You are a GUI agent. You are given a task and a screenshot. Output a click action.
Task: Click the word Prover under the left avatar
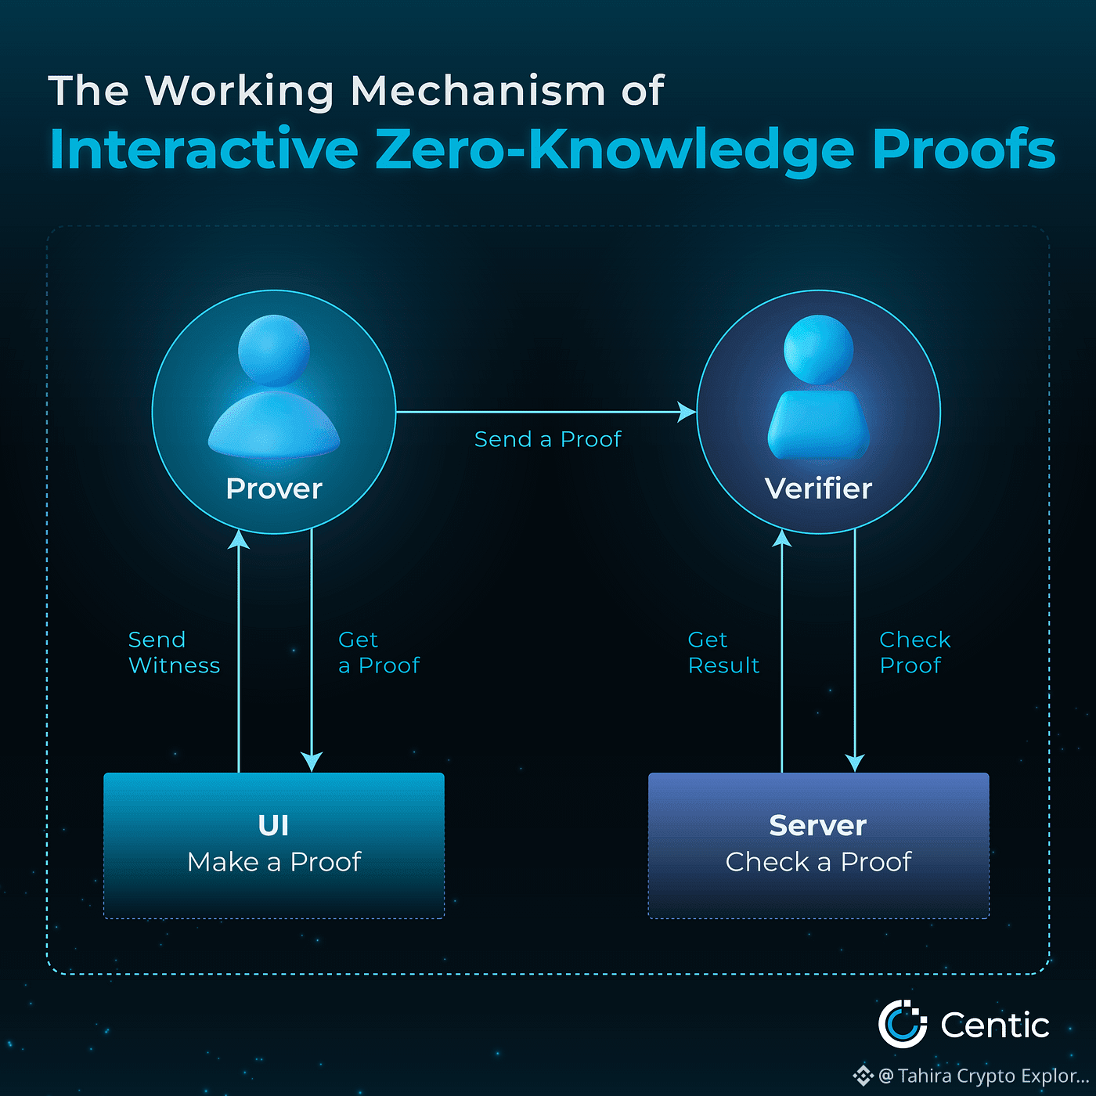pos(274,489)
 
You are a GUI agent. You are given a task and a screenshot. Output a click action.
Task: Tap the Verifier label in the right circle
pos(818,489)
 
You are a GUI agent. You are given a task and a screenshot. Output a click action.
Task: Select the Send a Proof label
pos(548,439)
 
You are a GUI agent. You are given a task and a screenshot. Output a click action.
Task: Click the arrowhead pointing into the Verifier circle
pos(687,412)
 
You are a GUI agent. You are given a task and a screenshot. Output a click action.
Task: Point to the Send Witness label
pos(174,652)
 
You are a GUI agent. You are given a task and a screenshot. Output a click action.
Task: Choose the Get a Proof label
pos(379,652)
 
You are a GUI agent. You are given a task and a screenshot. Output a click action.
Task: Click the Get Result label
pos(723,652)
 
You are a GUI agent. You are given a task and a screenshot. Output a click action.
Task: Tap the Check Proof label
pos(914,652)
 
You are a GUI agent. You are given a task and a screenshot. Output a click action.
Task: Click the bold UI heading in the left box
pos(273,825)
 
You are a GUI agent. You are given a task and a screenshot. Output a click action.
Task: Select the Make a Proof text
pos(274,862)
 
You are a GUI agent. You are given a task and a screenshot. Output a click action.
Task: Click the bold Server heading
pos(818,825)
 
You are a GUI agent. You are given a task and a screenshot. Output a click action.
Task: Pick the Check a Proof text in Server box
pos(818,862)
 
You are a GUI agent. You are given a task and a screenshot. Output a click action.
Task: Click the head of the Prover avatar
pos(274,350)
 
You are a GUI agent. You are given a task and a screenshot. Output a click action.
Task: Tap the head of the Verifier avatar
pos(818,349)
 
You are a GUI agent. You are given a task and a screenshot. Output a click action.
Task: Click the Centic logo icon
pos(902,1024)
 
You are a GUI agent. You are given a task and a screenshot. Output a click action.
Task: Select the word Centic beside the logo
pos(994,1025)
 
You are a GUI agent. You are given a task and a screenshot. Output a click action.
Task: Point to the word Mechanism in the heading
pos(478,91)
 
